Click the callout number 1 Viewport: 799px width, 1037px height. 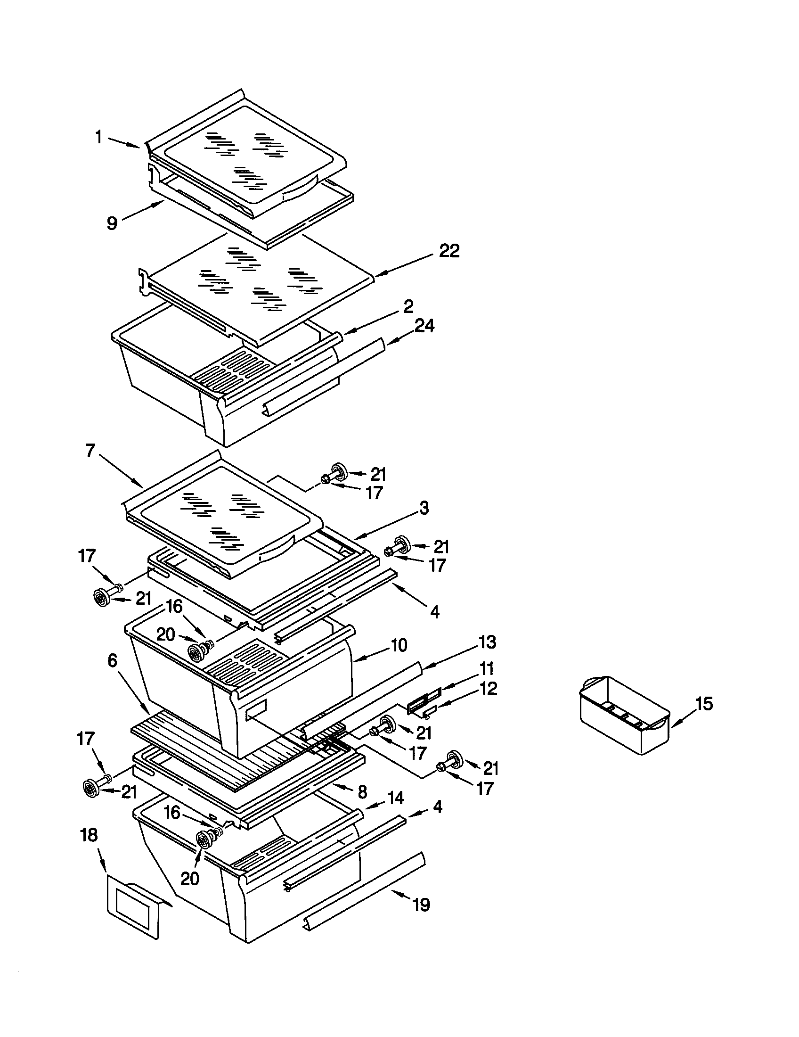(98, 138)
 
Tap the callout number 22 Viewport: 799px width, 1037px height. (449, 251)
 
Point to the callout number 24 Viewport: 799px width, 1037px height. (424, 326)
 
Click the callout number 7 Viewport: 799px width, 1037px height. (90, 450)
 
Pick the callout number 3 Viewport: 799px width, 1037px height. (424, 508)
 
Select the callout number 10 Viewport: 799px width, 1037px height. (399, 645)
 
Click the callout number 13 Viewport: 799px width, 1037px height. (487, 642)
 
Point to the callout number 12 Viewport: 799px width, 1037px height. (488, 689)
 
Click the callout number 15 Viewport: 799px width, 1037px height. (704, 704)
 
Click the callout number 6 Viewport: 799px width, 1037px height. (112, 660)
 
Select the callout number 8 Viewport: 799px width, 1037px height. (362, 791)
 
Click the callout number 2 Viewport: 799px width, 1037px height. (408, 306)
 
